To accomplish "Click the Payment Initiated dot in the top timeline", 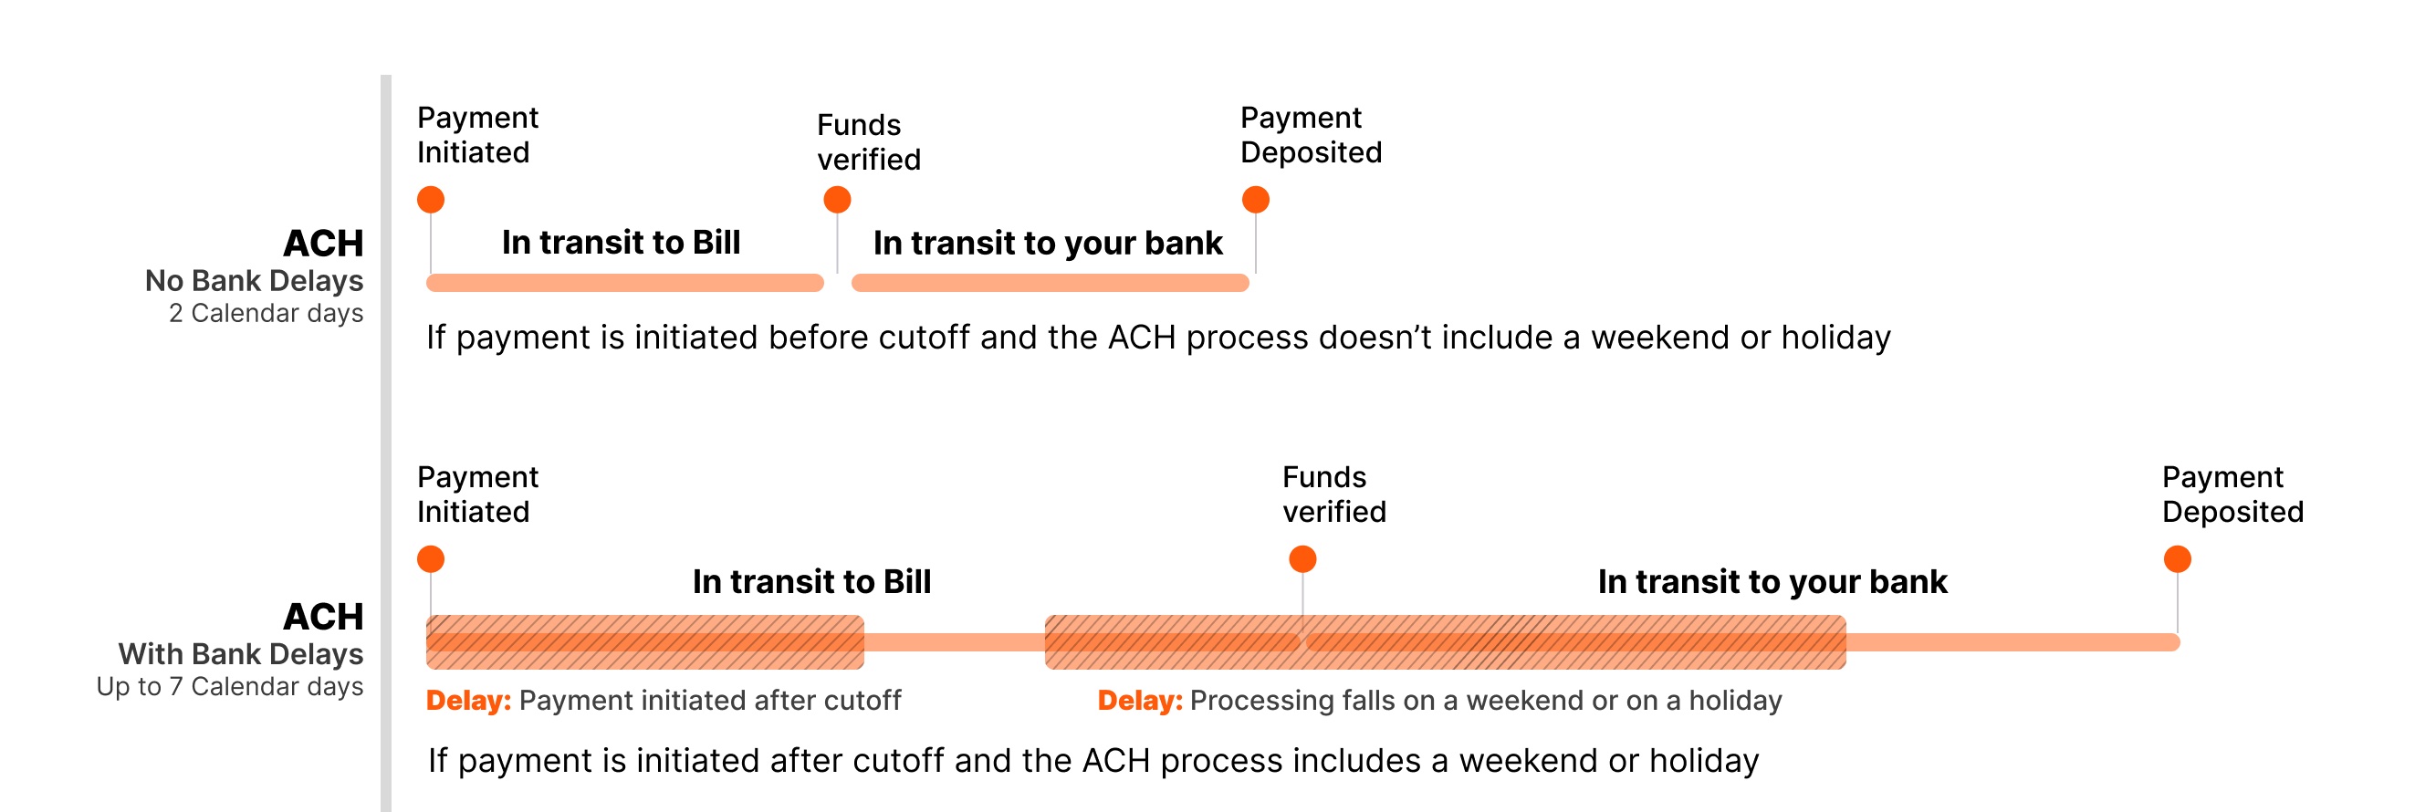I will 430,200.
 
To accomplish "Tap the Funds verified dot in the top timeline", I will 837,200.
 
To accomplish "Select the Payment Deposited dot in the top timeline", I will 1255,200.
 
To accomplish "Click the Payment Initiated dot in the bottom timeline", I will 430,560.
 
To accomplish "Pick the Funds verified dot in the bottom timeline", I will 1302,560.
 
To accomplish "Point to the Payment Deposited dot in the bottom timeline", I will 2177,560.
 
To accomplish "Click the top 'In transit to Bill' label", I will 621,243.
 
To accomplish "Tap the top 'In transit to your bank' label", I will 1047,244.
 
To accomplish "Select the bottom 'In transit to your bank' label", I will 1772,582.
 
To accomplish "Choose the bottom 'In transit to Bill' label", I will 811,582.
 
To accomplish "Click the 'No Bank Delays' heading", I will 254,281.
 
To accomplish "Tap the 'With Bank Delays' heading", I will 241,654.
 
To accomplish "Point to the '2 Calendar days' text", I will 267,313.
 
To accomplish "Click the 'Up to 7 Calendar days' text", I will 230,687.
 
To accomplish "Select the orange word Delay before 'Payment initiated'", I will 468,701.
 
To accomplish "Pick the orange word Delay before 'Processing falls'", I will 1139,701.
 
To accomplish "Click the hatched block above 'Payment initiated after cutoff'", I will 645,642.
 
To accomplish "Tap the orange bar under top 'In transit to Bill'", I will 624,283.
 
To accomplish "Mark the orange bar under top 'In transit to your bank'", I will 1050,283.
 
